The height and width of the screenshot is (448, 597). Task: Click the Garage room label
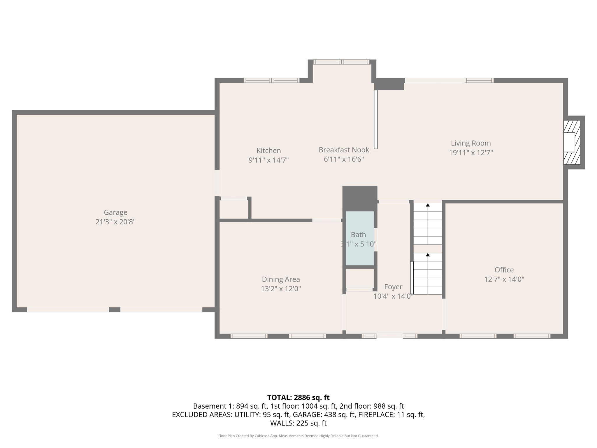coord(115,212)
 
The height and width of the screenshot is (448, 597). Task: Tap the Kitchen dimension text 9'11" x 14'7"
coord(268,160)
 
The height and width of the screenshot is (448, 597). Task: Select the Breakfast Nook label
coord(344,150)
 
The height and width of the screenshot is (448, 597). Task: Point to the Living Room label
coord(470,143)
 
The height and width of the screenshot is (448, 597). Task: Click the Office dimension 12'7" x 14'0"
coord(504,279)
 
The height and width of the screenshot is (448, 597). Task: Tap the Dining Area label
coord(281,279)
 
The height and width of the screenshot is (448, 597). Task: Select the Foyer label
coord(393,287)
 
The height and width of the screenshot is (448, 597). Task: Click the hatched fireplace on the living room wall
coord(571,142)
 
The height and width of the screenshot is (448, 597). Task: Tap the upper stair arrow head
coord(428,205)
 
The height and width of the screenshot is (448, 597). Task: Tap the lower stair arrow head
coord(428,255)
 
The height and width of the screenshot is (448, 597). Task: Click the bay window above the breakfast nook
coord(341,62)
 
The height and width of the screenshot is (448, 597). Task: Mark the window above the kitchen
coord(271,80)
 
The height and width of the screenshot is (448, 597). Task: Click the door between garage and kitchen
coord(217,183)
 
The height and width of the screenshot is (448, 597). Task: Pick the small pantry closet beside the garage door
coord(233,209)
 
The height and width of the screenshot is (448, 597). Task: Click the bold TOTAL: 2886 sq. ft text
coord(298,398)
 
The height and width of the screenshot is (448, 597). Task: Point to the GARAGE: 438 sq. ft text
coord(324,414)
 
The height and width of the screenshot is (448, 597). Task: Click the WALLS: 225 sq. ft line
coord(298,423)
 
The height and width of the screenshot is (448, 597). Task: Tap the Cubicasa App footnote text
coord(298,436)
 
